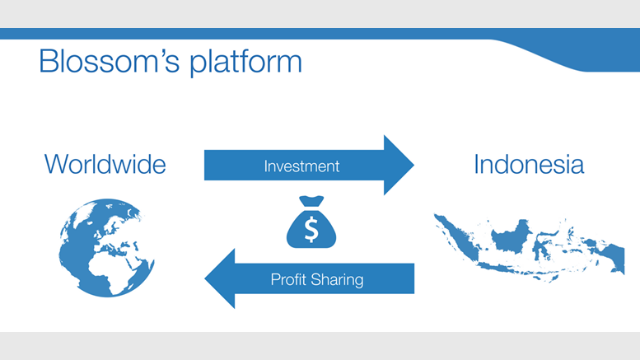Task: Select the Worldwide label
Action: click(105, 164)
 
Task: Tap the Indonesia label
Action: click(529, 164)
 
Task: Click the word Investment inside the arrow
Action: click(301, 166)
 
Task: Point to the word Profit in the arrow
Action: click(289, 280)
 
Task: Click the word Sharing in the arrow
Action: click(338, 280)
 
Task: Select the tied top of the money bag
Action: click(311, 201)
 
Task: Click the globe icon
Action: click(106, 247)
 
